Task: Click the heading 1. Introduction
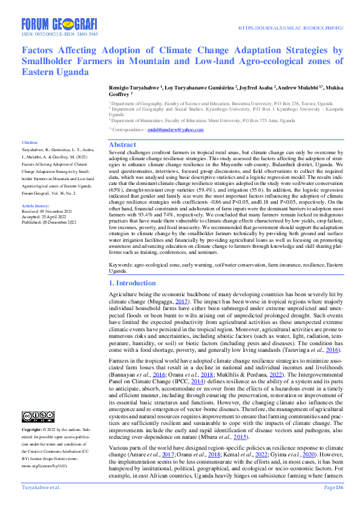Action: click(131, 283)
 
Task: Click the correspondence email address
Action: click(176, 129)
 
